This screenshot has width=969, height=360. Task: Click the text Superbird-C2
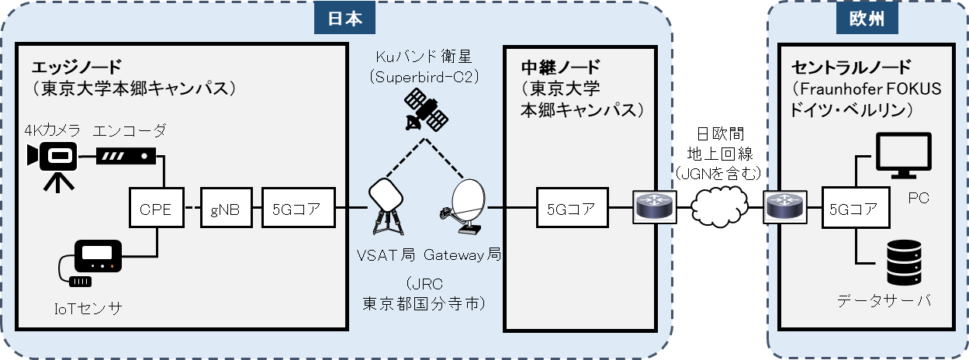tap(423, 78)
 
